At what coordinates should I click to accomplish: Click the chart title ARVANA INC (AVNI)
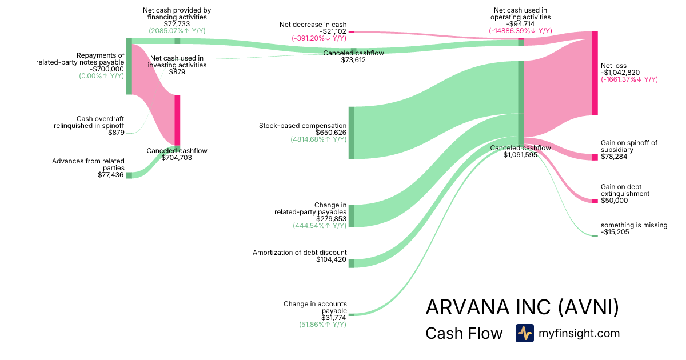522,307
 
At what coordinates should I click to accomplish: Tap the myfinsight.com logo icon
524,333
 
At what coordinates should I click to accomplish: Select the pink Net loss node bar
595,73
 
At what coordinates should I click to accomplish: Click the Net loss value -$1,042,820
620,73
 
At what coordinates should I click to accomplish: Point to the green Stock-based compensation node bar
352,133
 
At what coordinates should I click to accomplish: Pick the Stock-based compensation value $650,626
332,133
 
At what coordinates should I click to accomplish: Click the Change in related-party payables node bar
352,216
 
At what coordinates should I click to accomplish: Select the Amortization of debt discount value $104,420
332,259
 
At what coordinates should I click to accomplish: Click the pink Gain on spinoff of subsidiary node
595,157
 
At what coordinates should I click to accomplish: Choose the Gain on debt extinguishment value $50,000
615,201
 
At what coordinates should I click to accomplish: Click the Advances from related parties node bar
129,175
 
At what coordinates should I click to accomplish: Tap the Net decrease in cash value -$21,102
329,31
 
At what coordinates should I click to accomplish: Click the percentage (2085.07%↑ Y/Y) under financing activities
177,31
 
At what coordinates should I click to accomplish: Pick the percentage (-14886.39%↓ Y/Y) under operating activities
520,31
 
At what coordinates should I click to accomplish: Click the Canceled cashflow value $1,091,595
520,155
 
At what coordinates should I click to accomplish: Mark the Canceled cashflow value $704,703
177,158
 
